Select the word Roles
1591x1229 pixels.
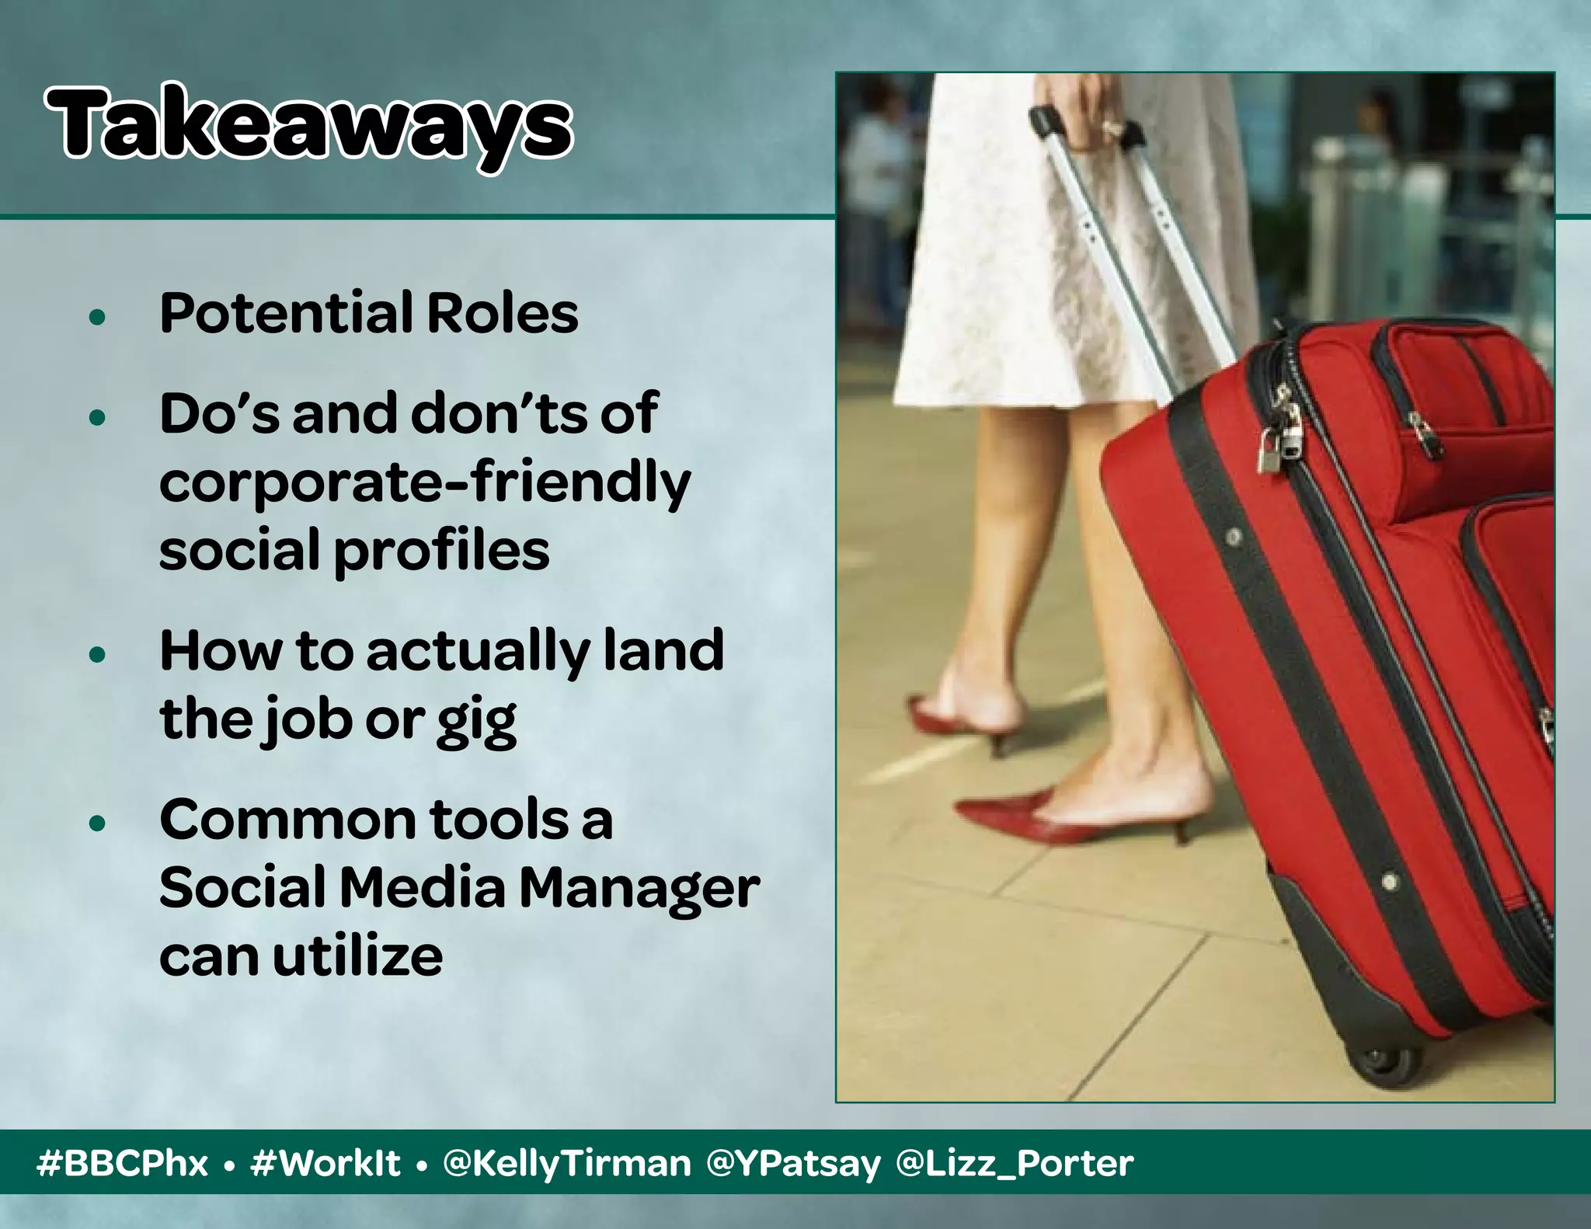[502, 314]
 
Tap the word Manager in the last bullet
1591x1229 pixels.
[639, 889]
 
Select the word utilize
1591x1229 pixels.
[357, 956]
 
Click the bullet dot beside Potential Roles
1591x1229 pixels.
[97, 317]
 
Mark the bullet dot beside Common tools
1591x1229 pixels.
[97, 823]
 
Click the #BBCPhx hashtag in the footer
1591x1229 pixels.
[122, 1164]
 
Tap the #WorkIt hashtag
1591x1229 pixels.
[326, 1164]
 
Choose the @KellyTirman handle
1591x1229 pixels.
[566, 1164]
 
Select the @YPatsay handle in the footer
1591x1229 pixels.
[793, 1164]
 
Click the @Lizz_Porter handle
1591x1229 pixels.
[1014, 1164]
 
